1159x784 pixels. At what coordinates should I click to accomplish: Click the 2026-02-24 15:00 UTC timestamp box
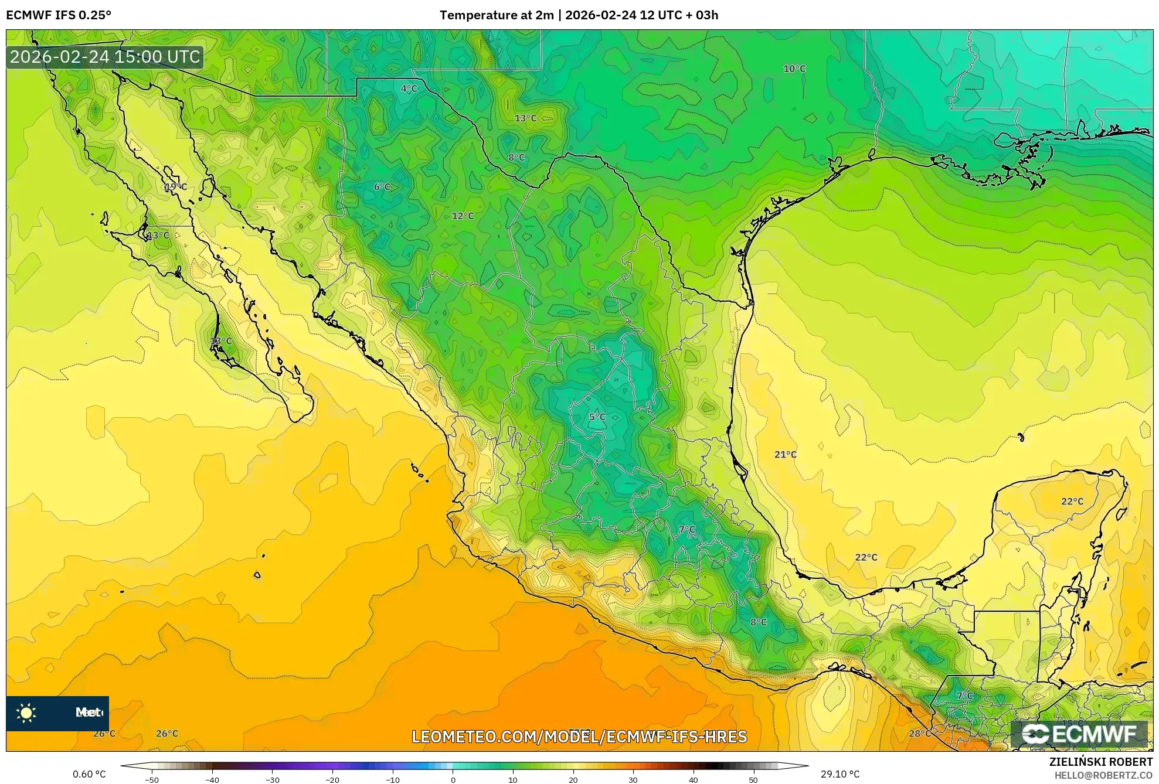105,57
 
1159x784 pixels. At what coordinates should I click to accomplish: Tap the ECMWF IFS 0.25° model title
59,15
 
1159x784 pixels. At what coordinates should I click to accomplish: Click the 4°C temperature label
409,88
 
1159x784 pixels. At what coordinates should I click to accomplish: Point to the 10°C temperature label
794,69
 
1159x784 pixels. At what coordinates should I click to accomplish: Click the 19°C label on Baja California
175,187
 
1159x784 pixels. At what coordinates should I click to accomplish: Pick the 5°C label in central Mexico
597,417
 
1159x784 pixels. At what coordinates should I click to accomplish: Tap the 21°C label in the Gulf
785,454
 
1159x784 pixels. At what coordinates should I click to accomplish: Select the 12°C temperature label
463,216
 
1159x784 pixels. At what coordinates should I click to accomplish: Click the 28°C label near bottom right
919,733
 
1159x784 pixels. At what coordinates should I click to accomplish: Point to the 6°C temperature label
382,187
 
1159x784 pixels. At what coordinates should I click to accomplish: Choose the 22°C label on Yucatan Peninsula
1072,501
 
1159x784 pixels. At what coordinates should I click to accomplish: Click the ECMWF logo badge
1079,734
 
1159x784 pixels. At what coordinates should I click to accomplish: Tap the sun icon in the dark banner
26,713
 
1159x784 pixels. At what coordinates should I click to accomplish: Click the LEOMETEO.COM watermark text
579,737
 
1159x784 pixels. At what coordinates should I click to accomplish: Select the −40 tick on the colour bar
212,779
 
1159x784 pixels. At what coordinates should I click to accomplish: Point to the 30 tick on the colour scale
633,779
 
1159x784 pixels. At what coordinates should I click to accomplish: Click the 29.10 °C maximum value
839,774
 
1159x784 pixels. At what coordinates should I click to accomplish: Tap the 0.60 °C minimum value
89,774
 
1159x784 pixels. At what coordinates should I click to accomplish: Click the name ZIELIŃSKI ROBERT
1100,762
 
